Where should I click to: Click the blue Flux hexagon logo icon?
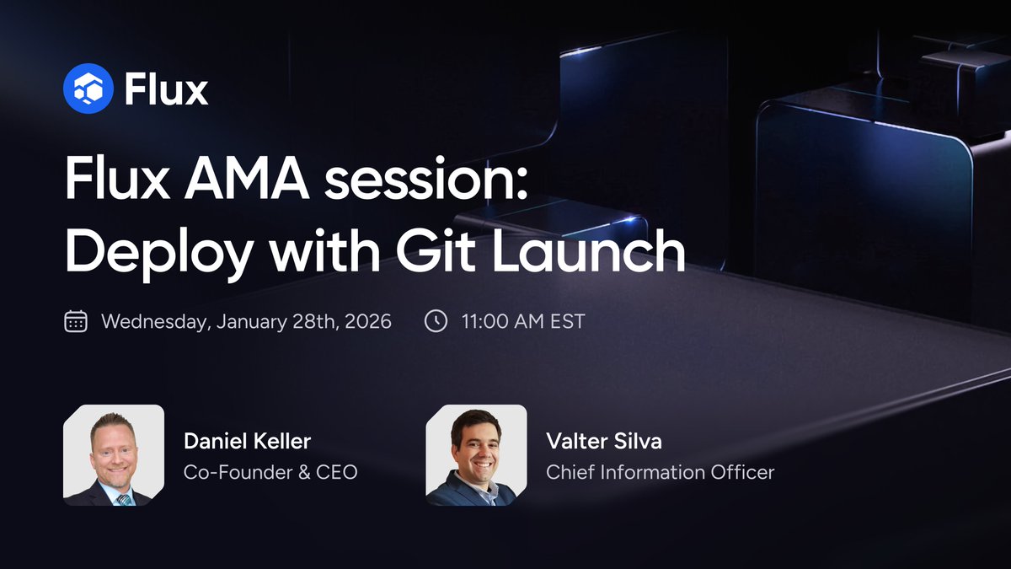pos(88,89)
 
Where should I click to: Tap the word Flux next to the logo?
pos(166,89)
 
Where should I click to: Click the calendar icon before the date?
pos(76,322)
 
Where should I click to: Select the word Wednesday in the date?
pos(157,322)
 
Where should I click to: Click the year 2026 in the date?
pos(367,322)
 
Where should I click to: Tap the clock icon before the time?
pos(436,322)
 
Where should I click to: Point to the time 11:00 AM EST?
pos(522,322)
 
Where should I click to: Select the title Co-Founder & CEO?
pos(270,472)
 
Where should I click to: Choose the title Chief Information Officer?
pos(660,472)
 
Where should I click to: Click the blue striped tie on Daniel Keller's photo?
pos(123,498)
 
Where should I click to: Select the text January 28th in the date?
pos(275,322)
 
